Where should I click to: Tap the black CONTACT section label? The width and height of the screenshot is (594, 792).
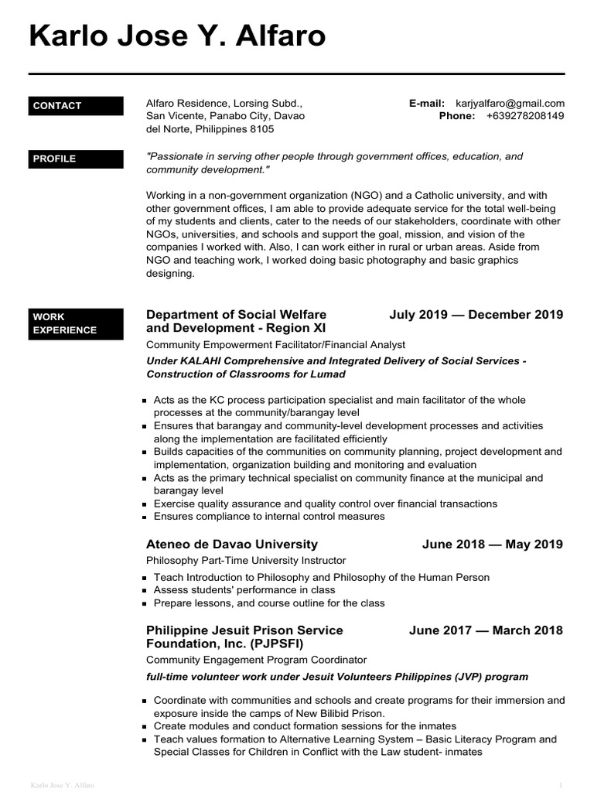pos(76,106)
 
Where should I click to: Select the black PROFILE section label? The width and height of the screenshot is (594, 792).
pos(76,159)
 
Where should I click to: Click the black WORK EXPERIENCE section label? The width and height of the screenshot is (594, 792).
pos(76,323)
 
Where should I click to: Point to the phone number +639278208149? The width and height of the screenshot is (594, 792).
pos(525,116)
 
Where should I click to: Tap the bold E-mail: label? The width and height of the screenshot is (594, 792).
pos(426,103)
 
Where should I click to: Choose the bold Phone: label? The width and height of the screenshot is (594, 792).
pos(456,116)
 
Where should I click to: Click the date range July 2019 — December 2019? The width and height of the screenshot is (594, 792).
pos(476,315)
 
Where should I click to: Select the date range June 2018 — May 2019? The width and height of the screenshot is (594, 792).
pos(492,544)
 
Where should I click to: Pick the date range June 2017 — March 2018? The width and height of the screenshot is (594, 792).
pos(486,630)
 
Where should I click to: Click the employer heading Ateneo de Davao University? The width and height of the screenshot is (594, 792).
pos(232,544)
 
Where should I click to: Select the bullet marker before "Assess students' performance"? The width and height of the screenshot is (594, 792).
pos(145,591)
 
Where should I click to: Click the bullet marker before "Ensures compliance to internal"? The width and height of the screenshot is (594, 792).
pos(145,517)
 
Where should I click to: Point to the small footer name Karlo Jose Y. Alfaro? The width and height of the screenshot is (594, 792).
pos(62,785)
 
